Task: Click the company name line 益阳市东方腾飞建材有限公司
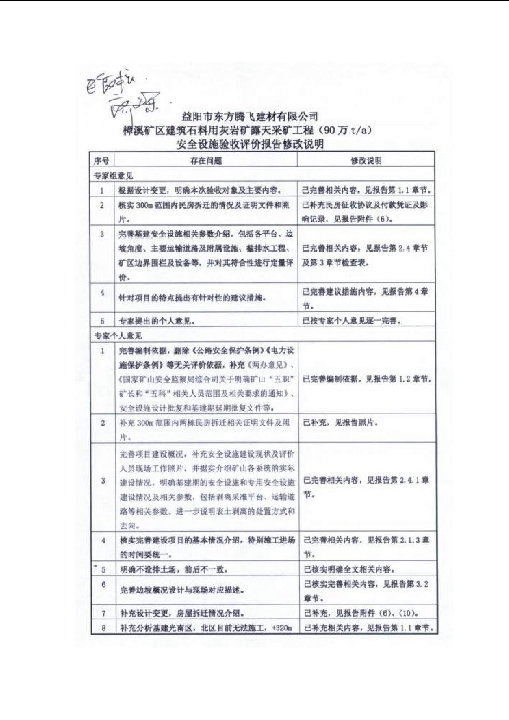[x=249, y=117]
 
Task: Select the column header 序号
[x=102, y=161]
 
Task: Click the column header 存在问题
[x=206, y=161]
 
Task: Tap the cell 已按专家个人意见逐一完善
[x=352, y=321]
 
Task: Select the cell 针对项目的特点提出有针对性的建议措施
[x=192, y=298]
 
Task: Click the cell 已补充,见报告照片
[x=341, y=423]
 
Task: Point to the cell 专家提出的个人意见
[x=157, y=321]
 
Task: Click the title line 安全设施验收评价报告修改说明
[x=250, y=144]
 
